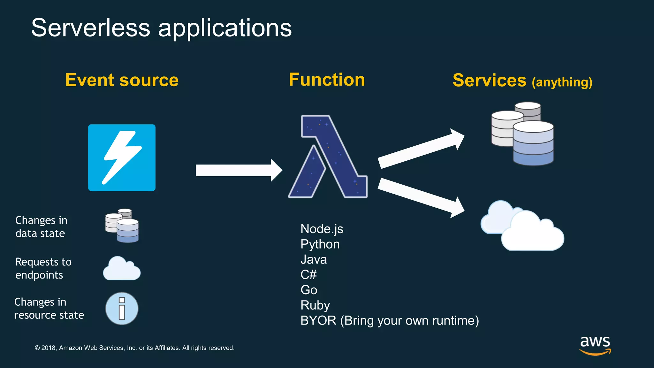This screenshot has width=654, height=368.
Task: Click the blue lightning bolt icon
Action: [122, 158]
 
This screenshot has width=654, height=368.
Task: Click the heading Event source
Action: [122, 80]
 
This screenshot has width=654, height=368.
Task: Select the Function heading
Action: [327, 80]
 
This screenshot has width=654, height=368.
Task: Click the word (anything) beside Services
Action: [562, 82]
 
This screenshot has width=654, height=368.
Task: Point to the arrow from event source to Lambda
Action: [238, 170]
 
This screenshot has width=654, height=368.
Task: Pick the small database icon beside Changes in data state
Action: [122, 226]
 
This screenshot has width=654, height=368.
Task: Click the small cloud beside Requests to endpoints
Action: [122, 269]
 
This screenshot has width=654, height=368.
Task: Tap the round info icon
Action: [122, 309]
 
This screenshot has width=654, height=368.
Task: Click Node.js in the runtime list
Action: [322, 229]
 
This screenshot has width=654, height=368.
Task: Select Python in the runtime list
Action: [320, 244]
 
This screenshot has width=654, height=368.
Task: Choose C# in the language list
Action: [308, 275]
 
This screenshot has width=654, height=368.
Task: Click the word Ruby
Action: [315, 305]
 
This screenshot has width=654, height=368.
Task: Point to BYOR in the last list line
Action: [318, 321]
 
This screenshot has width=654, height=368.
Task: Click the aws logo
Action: [595, 345]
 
